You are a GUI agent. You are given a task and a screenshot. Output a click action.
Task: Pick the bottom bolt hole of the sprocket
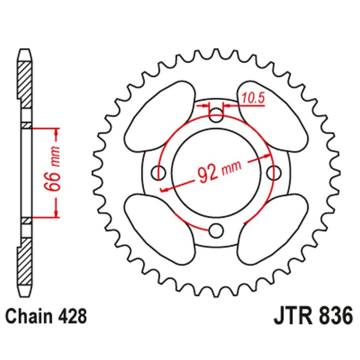coord(217,231)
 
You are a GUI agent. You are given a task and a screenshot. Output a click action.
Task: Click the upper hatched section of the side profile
coord(26,83)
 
